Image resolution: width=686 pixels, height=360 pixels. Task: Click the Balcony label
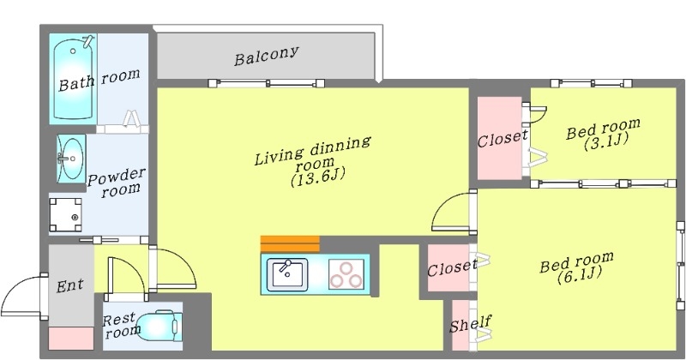[x=267, y=57]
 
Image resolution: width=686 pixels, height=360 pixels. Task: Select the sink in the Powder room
[x=70, y=158]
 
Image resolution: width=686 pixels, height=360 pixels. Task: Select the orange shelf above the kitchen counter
[x=290, y=243]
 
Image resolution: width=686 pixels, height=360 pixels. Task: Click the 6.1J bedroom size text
[x=577, y=274]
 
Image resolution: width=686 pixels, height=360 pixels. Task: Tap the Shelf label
[x=470, y=324]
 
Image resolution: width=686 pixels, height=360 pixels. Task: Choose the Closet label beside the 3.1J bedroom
[x=502, y=140]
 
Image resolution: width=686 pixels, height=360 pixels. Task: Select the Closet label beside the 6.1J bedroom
[x=452, y=267]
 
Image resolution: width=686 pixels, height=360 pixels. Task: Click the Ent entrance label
[x=69, y=285]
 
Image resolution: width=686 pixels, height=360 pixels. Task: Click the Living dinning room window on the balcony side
[x=268, y=83]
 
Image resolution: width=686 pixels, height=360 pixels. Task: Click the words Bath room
[x=99, y=80]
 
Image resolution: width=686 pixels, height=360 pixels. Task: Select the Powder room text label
[x=117, y=181]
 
